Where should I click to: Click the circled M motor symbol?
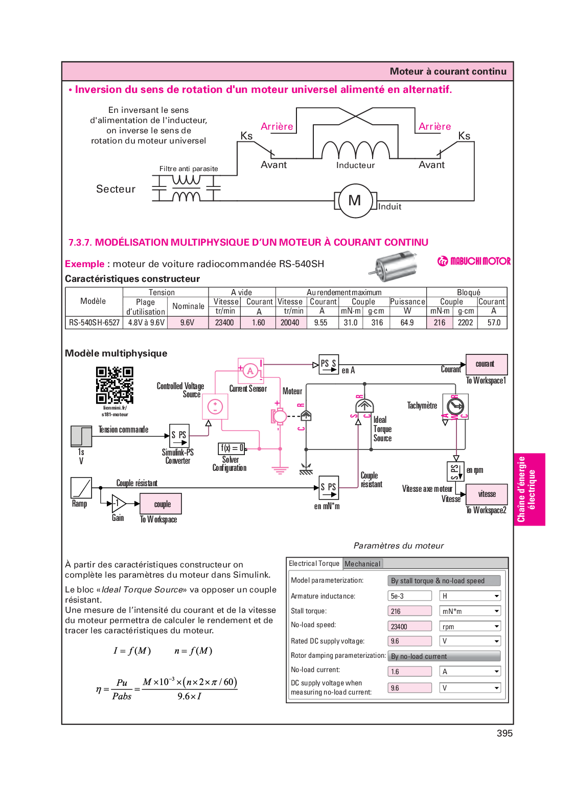click(355, 201)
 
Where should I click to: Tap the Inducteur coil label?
click(355, 165)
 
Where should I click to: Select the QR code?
click(114, 385)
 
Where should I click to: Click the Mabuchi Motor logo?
click(474, 261)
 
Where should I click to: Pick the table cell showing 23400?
click(224, 322)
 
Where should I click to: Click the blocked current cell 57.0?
click(494, 322)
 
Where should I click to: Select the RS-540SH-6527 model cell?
click(94, 322)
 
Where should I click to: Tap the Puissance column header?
click(407, 302)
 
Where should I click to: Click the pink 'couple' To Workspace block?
click(161, 504)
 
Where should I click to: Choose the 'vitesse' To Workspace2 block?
click(487, 494)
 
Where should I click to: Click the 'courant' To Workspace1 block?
click(487, 364)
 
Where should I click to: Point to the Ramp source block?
click(81, 488)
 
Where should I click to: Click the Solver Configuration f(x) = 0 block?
click(232, 448)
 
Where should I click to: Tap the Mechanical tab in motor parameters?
click(362, 563)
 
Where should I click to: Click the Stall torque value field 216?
click(409, 611)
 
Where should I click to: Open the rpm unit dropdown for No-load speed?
click(470, 626)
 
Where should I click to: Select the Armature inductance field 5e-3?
click(409, 596)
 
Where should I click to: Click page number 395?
click(504, 733)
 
